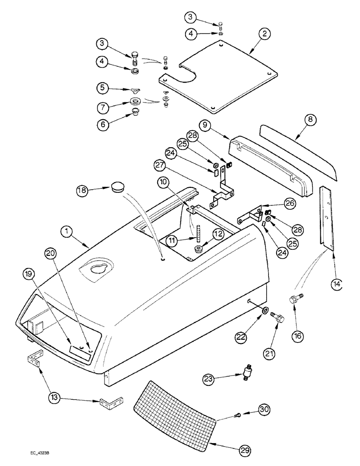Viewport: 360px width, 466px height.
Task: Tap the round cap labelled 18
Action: pos(118,188)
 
